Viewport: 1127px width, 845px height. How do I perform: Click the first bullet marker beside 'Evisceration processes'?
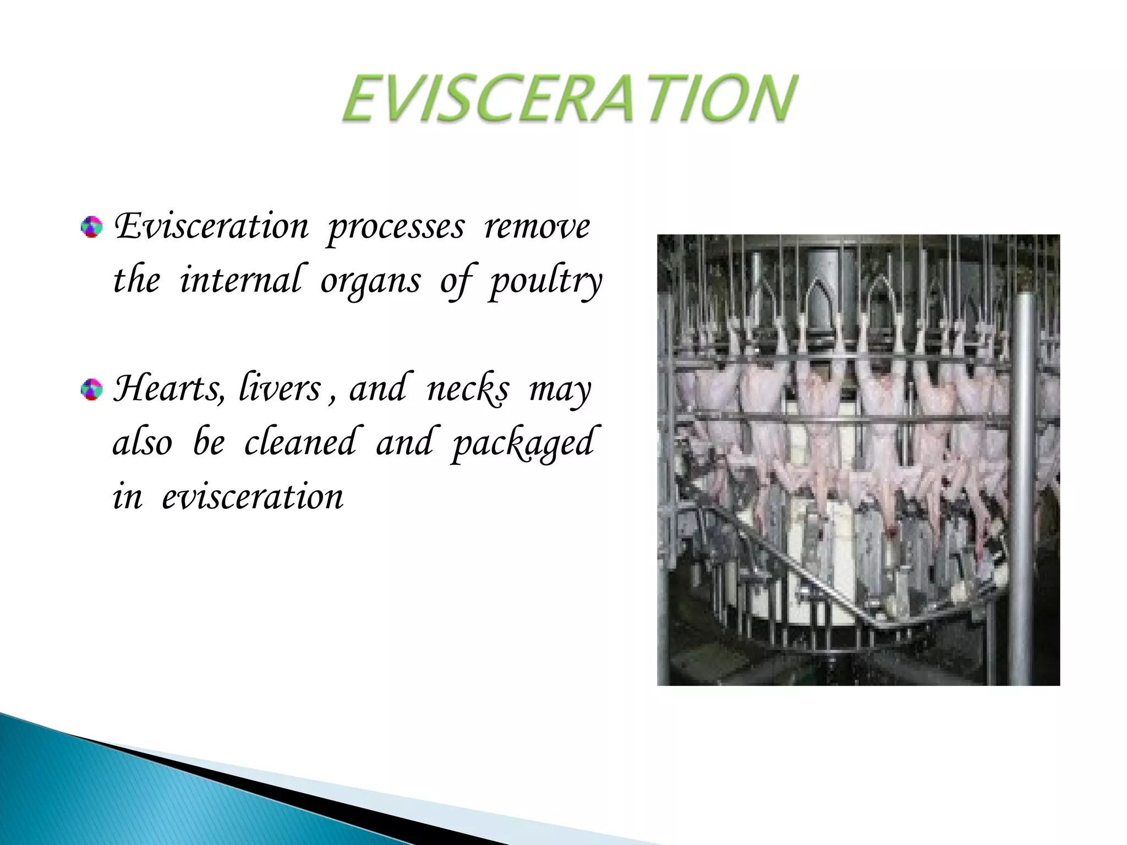[91, 227]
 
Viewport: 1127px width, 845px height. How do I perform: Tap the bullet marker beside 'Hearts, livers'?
[91, 390]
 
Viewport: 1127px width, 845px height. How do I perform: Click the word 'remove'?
[537, 227]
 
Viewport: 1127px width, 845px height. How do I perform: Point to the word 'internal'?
[240, 280]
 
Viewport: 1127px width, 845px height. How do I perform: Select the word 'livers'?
[280, 388]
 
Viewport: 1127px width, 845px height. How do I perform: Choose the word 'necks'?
[468, 389]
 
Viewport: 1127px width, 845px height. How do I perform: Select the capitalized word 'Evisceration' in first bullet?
[211, 227]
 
